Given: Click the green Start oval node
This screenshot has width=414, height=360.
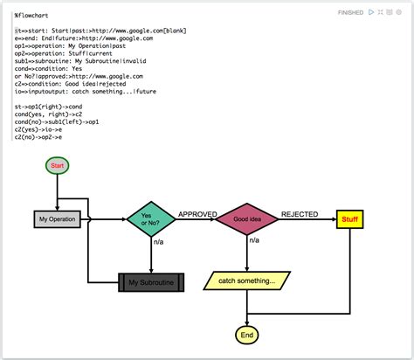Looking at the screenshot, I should (58, 165).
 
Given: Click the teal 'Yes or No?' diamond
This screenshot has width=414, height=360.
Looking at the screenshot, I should (151, 218).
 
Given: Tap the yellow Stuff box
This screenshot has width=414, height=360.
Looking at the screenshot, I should (349, 218).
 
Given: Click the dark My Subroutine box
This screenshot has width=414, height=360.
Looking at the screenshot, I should (151, 282).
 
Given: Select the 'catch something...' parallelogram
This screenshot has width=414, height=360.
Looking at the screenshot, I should (247, 280).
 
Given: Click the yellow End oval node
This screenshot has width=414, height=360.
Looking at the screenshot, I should (247, 335).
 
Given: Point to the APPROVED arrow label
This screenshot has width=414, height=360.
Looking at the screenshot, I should (197, 213).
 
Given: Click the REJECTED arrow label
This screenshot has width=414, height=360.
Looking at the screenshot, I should (299, 213).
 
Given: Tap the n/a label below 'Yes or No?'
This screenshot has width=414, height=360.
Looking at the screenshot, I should (158, 242).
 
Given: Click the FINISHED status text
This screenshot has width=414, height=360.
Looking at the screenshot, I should (351, 12).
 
